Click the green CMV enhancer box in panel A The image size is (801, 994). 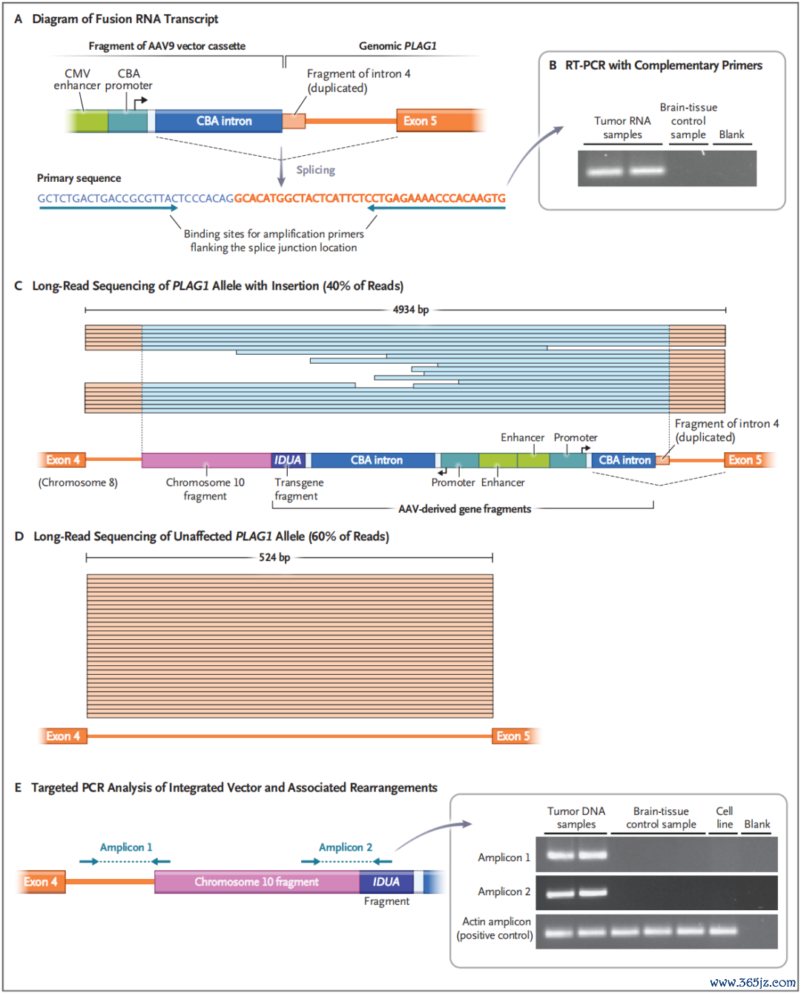coord(88,121)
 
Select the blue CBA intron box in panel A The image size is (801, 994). coord(219,121)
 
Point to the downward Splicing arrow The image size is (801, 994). coord(281,167)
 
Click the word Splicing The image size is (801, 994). coord(316,170)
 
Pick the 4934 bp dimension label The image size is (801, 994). coord(411,310)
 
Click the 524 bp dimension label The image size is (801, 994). coord(274,557)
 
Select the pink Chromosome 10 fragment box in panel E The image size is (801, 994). coord(257,882)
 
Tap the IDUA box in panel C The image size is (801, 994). coord(288,460)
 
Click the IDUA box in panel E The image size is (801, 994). coord(386,882)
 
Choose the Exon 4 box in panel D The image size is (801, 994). coord(63,736)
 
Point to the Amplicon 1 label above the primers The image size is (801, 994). coord(126,847)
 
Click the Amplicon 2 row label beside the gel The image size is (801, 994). coord(504,892)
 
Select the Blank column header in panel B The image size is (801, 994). coord(732,134)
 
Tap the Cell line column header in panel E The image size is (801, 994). coord(725,817)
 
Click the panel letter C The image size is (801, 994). coord(18,286)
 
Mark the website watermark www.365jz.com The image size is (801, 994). coord(753,982)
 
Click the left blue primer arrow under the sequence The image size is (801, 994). coord(108,209)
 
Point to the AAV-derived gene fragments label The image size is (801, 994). coord(464,509)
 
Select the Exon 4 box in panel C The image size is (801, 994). coord(63,460)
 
